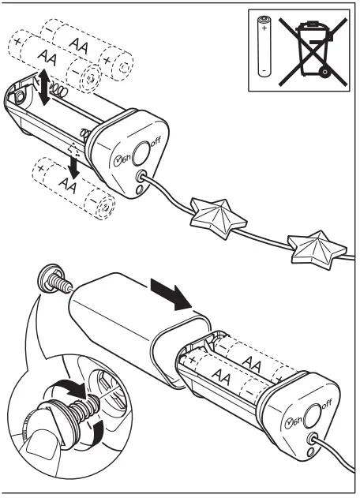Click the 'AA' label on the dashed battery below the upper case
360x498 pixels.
point(69,187)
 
